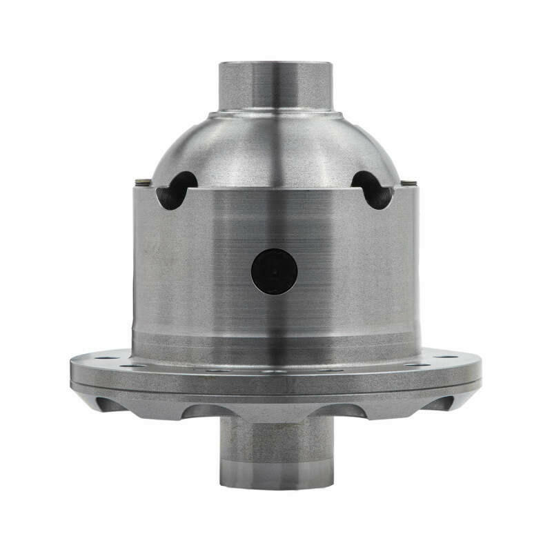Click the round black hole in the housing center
[x=274, y=271]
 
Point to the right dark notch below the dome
[x=373, y=190]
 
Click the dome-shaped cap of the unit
[x=275, y=148]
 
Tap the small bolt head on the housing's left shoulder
[x=143, y=181]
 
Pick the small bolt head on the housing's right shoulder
[x=409, y=182]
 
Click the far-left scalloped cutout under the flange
[x=107, y=404]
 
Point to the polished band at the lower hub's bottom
[x=275, y=476]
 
